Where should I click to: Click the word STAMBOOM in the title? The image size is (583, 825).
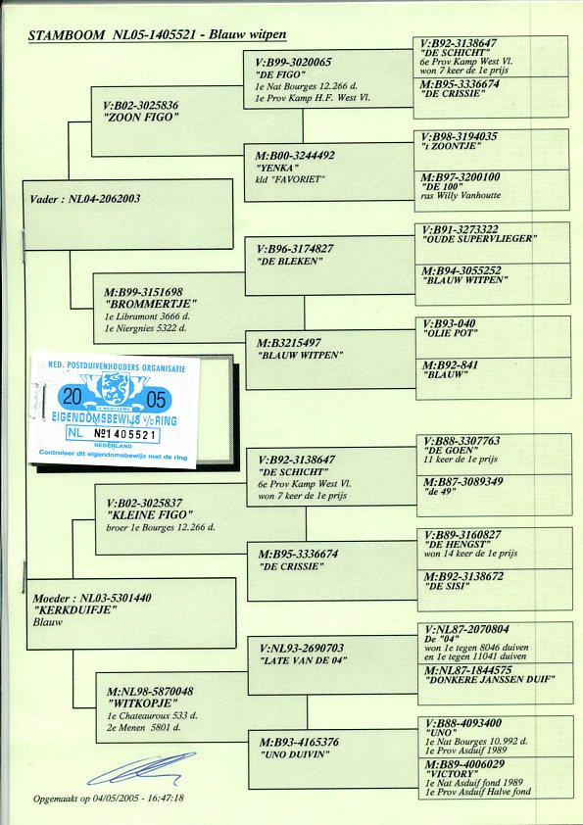[x=67, y=36]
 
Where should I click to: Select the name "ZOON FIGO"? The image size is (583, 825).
[x=140, y=118]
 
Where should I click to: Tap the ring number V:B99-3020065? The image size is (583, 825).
[x=294, y=62]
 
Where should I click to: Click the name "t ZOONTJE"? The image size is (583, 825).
[x=452, y=146]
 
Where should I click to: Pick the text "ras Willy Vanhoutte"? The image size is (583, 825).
[x=461, y=196]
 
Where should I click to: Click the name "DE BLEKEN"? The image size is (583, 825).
[x=289, y=262]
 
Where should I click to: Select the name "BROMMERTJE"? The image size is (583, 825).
[x=151, y=304]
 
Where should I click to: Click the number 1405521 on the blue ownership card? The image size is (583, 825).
[x=126, y=435]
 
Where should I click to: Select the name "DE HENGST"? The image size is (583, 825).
[x=458, y=544]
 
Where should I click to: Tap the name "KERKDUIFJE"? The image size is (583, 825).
[x=74, y=609]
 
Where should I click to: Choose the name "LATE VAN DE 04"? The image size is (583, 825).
[x=302, y=660]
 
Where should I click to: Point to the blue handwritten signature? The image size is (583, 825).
[x=141, y=768]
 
